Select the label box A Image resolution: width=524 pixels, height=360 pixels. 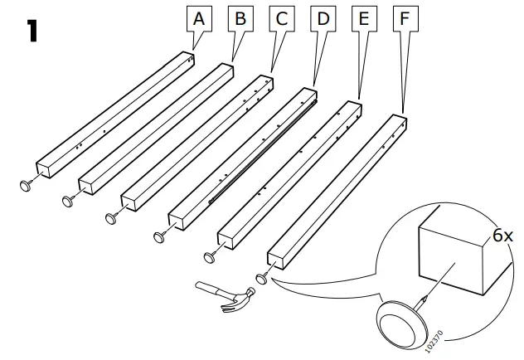click(x=197, y=17)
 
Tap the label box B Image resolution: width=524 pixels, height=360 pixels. click(x=240, y=17)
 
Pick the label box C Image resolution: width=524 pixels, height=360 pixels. click(x=281, y=17)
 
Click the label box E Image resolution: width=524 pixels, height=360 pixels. click(x=361, y=17)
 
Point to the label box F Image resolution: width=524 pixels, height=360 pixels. click(x=403, y=17)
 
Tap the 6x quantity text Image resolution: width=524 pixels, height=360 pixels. click(x=502, y=236)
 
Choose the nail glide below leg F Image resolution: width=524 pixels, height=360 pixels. click(x=261, y=277)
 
